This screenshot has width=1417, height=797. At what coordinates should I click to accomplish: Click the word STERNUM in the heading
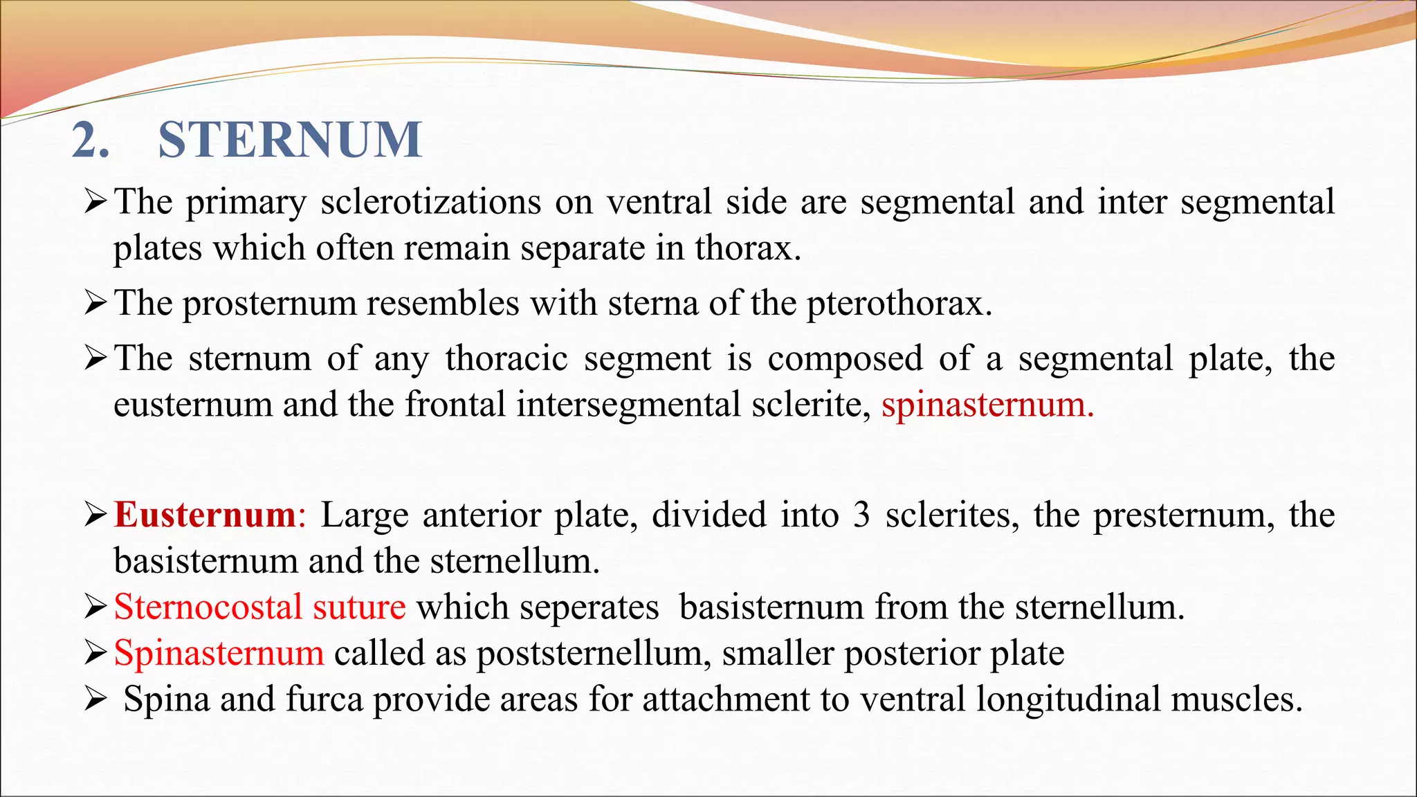[290, 140]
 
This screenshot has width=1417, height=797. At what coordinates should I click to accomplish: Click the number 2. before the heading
[91, 140]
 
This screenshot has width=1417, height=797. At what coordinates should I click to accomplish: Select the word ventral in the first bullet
[659, 202]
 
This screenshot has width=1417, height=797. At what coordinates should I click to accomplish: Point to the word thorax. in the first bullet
[748, 248]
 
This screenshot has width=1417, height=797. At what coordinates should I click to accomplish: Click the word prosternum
[269, 303]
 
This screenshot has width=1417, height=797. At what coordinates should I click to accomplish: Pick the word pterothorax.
[899, 303]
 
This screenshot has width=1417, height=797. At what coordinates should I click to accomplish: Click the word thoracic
[506, 358]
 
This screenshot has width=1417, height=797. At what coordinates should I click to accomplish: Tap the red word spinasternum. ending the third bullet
[987, 404]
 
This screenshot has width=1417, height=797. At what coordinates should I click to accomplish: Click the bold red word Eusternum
[205, 515]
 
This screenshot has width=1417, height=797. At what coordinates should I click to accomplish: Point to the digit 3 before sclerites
[861, 515]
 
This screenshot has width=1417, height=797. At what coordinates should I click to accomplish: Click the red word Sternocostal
[208, 607]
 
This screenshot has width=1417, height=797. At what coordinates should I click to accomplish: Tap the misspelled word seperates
[538, 607]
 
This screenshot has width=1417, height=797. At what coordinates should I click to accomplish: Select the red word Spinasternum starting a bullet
[219, 652]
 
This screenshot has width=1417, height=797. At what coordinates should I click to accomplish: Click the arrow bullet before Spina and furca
[95, 699]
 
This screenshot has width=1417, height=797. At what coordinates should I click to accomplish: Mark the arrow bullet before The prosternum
[95, 303]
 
